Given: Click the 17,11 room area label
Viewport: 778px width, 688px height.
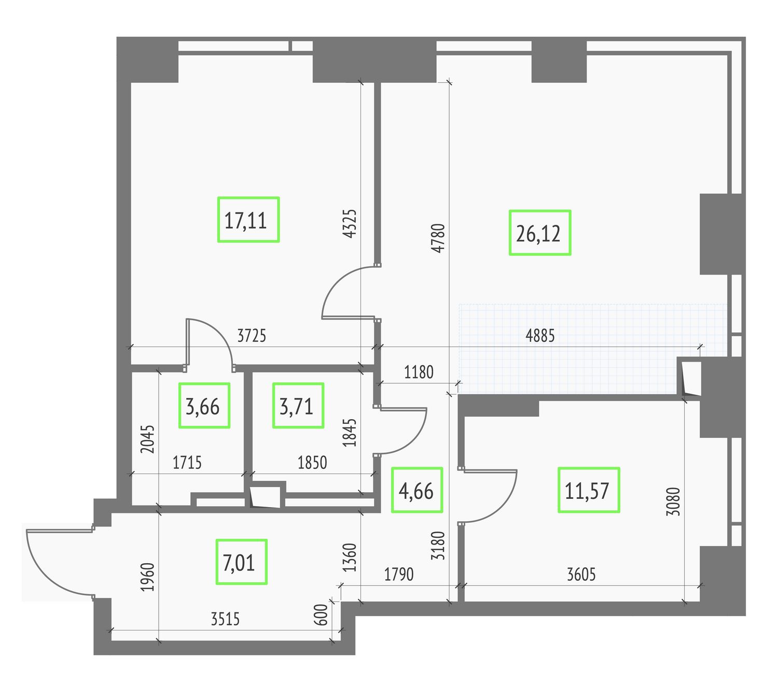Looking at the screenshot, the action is tap(248, 219).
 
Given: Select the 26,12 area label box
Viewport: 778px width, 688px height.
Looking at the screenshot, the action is tap(539, 233).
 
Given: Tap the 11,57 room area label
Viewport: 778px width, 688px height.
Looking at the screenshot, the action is tap(588, 490).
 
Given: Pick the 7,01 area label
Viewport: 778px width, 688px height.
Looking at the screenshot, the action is tap(241, 562).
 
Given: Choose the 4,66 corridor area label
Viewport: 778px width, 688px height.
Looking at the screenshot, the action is tap(416, 490).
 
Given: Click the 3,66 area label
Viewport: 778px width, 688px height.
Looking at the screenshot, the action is tap(204, 405).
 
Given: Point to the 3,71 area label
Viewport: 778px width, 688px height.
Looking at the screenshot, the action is tap(298, 405).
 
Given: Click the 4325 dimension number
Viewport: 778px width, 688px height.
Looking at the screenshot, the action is tap(350, 224).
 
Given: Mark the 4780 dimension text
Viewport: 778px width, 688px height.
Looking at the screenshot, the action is tap(438, 238).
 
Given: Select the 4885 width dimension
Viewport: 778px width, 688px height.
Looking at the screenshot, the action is tap(540, 336).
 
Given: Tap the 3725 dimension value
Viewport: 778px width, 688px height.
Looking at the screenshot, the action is tap(252, 336).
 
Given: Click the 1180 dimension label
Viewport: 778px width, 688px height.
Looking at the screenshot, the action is tap(419, 372).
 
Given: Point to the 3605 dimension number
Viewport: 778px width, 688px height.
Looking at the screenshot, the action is tap(581, 575).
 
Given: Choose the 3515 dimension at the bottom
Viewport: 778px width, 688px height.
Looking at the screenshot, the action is tap(225, 619).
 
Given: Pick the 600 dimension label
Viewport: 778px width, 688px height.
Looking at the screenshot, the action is tap(321, 614).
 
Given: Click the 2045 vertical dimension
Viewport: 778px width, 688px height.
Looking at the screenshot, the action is tap(147, 439).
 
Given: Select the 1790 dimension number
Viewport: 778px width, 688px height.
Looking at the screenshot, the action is tap(399, 575).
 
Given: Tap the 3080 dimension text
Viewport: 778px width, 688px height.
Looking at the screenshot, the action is tap(673, 501).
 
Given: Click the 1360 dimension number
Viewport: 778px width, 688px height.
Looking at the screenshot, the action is tap(350, 557).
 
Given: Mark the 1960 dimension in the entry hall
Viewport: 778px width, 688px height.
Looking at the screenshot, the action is tap(147, 577).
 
